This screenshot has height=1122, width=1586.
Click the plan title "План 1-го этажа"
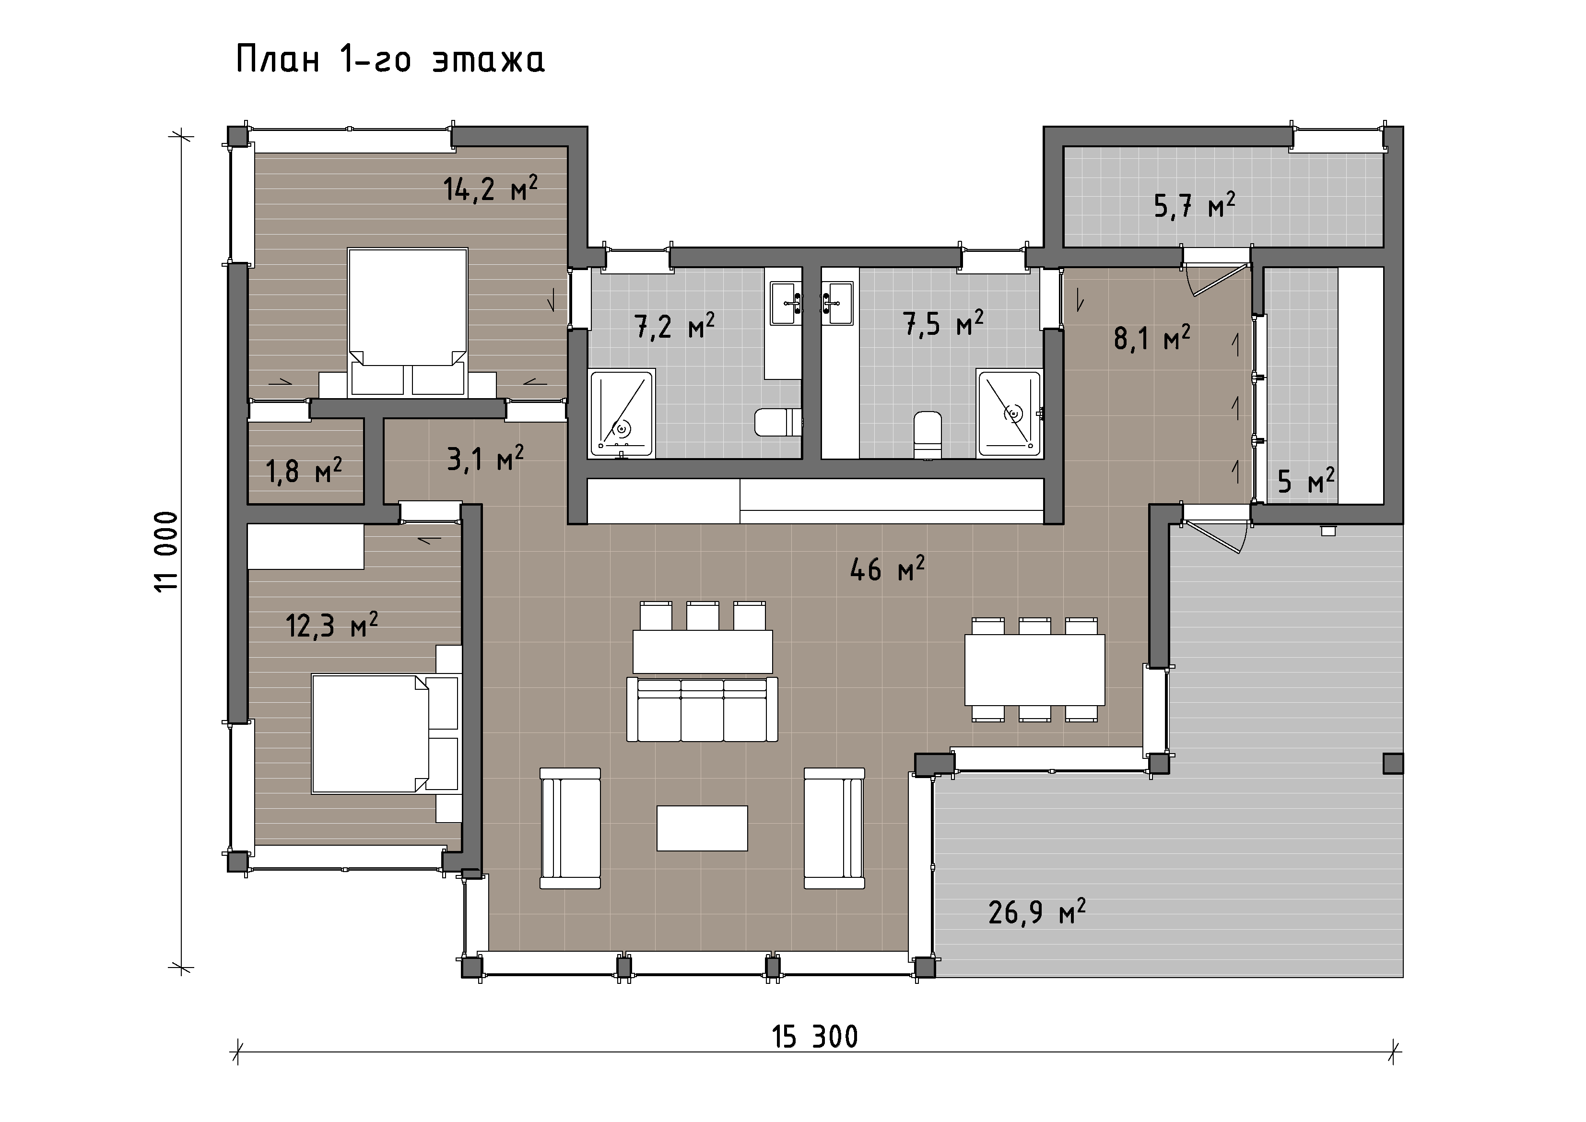click(390, 59)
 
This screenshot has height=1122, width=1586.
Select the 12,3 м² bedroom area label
click(331, 625)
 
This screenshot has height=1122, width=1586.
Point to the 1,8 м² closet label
click(304, 471)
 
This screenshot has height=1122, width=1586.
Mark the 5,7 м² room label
click(1194, 205)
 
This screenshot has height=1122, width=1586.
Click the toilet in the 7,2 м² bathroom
click(778, 422)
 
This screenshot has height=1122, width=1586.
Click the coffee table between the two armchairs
click(702, 827)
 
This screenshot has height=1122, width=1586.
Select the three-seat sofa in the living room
click(702, 709)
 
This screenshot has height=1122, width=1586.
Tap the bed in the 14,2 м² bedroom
click(408, 322)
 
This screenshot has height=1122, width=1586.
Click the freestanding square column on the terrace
click(1393, 763)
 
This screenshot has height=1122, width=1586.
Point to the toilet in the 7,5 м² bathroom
click(928, 435)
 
